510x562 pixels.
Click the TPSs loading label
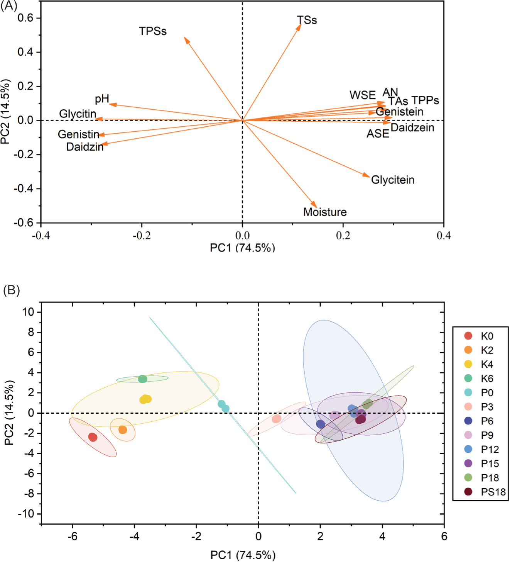pos(153,31)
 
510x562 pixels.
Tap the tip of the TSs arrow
pos(301,25)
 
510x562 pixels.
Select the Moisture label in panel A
pos(325,212)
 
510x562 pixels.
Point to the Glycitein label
pos(393,180)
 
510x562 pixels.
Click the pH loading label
pos(102,99)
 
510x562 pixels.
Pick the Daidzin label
pos(85,147)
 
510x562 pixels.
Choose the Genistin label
pos(79,134)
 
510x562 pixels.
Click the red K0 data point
pos(93,437)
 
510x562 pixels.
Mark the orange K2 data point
pos(123,430)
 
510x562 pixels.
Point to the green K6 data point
pos(143,379)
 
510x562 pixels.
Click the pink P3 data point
pos(277,419)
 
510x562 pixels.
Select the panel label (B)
pos(11,290)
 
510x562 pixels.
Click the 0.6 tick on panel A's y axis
pos(26,18)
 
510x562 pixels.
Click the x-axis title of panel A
pos(242,248)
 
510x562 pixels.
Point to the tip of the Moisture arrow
pos(316,207)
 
